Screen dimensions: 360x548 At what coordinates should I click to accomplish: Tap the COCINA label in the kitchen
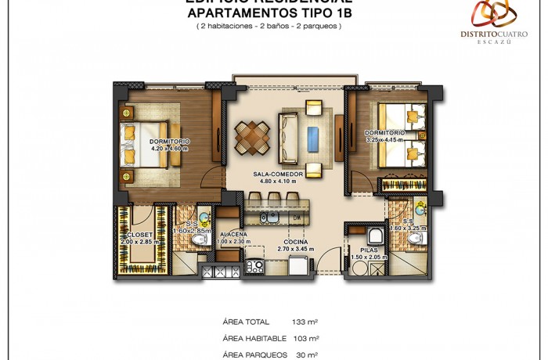click(295, 243)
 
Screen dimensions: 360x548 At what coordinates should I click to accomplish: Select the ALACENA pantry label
click(234, 235)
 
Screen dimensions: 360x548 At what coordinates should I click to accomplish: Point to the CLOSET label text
click(138, 235)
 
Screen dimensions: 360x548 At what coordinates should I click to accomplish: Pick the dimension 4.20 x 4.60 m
click(170, 148)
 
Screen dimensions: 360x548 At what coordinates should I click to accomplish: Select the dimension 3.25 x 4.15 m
click(384, 140)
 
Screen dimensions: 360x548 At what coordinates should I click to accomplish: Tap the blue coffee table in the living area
click(314, 134)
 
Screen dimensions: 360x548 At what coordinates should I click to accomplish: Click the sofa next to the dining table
click(288, 133)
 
